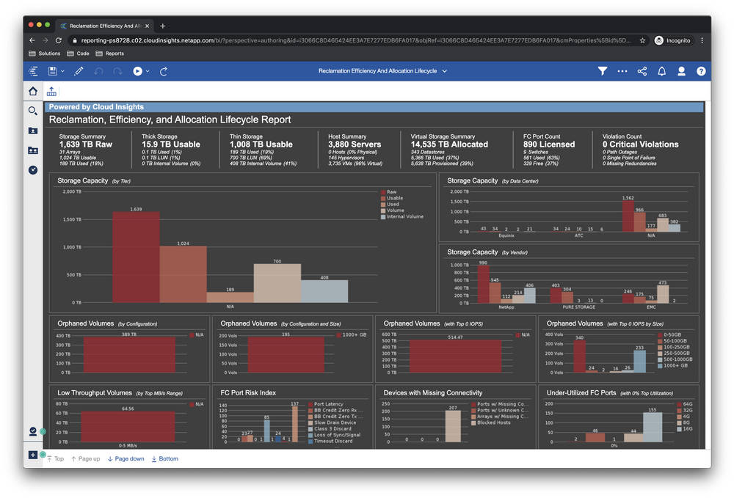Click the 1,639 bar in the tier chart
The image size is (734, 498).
click(136, 257)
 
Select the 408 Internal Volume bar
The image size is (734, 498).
click(324, 290)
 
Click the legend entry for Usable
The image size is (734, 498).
click(394, 198)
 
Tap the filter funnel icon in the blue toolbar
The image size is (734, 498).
click(602, 71)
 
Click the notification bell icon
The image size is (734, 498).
click(661, 71)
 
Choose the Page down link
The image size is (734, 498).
click(126, 459)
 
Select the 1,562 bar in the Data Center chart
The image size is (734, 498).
click(628, 216)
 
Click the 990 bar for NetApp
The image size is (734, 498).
click(483, 284)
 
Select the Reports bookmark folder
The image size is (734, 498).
click(114, 54)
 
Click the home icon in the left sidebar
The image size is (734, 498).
click(33, 92)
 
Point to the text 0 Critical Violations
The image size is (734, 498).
click(640, 144)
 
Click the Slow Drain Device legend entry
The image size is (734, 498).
click(335, 422)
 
